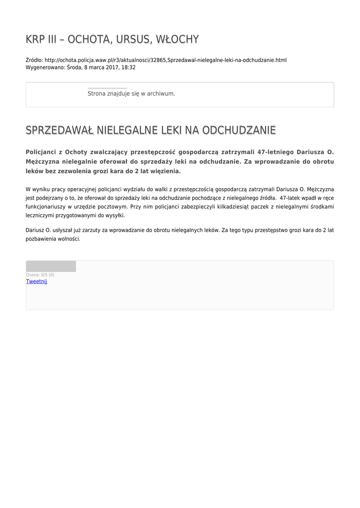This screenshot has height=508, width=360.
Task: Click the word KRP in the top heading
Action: point(35,39)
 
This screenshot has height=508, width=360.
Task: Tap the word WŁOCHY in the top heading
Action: point(177,39)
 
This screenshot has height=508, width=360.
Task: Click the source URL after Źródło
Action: point(165,60)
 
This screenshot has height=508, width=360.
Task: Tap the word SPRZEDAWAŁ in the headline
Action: point(59,130)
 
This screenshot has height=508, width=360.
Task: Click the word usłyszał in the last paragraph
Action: point(61,230)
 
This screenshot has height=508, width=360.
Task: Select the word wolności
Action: point(68,239)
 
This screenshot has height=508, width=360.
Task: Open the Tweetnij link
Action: point(36,281)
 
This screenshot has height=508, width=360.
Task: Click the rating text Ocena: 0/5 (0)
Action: point(40,275)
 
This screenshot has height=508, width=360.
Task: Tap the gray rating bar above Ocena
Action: point(51,266)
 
